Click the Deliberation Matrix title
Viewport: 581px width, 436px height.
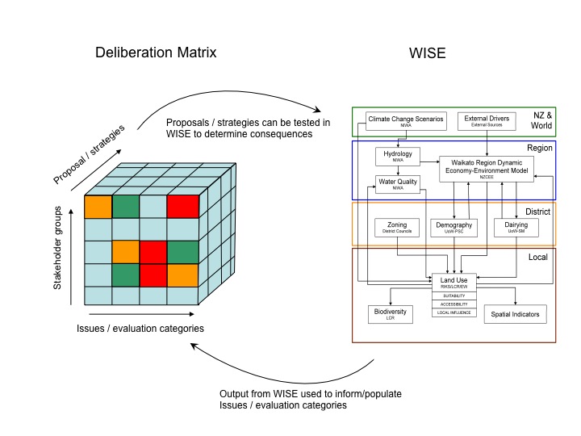[155, 53]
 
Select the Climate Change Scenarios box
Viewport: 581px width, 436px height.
[406, 122]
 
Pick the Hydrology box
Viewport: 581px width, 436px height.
[398, 156]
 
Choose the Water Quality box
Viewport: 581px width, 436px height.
[398, 185]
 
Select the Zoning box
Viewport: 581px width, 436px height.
[397, 228]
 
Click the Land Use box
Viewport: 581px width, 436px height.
[454, 283]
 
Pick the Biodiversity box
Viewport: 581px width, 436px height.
[391, 313]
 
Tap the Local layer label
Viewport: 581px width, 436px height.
[539, 257]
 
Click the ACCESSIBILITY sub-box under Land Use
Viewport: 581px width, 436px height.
[454, 304]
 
